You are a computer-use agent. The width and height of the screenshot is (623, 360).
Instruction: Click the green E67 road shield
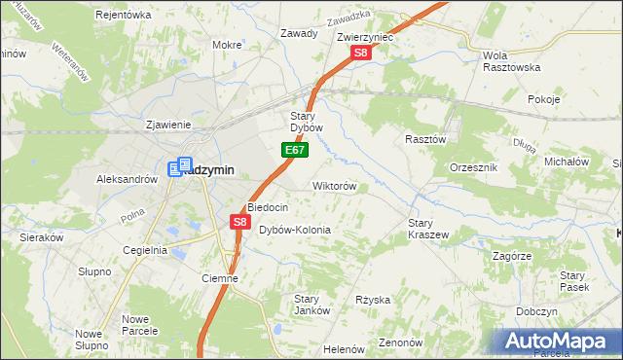[297, 151]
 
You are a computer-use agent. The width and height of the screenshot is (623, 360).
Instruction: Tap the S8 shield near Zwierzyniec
[360, 54]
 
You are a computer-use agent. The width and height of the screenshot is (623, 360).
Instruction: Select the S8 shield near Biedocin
[240, 223]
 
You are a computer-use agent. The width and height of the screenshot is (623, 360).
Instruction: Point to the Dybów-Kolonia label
[295, 230]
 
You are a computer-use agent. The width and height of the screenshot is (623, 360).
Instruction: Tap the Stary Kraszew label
[427, 229]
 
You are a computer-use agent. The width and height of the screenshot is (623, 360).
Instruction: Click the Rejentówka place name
[124, 15]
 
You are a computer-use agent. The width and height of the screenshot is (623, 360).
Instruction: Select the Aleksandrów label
[127, 179]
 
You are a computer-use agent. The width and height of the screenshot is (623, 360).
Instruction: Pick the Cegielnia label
[145, 250]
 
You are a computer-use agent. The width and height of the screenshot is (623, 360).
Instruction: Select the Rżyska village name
[373, 300]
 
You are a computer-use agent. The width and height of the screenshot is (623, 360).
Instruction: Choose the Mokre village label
[227, 45]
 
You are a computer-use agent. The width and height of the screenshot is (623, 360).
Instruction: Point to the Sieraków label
[42, 236]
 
